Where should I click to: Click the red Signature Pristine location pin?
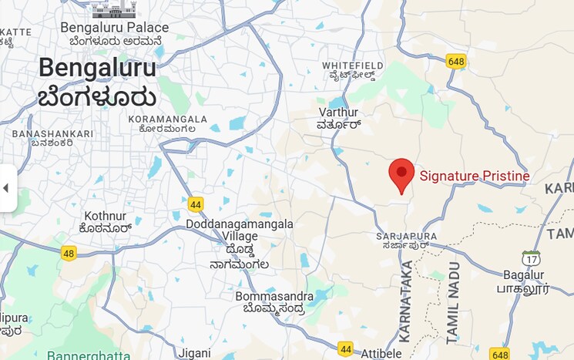(x=401, y=173)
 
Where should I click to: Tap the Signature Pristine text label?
(x=475, y=176)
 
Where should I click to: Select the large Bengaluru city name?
(x=97, y=67)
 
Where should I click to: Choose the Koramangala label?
(x=167, y=119)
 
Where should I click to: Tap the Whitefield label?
(x=352, y=66)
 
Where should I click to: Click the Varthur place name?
(x=338, y=112)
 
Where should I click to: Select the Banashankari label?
(x=52, y=134)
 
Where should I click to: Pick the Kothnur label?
(x=105, y=216)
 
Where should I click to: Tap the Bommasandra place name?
(x=274, y=297)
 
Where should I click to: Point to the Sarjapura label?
(x=407, y=236)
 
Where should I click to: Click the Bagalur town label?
(x=524, y=275)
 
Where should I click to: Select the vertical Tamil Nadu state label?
(x=452, y=303)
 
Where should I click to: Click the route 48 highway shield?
(x=69, y=253)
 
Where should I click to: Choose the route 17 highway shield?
(x=530, y=258)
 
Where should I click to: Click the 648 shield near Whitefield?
(x=456, y=60)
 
